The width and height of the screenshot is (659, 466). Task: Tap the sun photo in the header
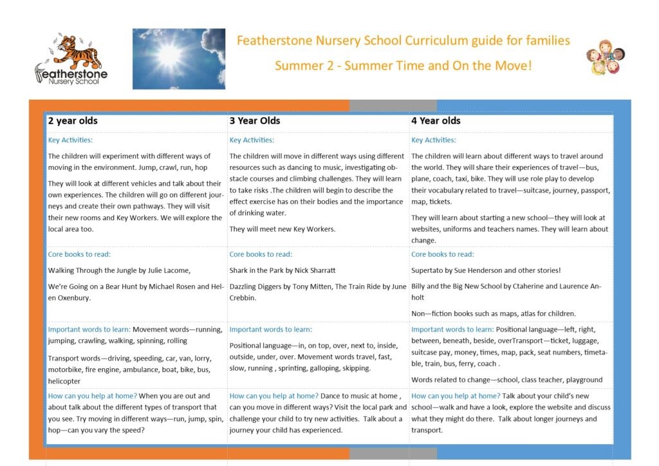[x=178, y=58]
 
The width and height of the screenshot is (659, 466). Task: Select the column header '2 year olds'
[x=73, y=120]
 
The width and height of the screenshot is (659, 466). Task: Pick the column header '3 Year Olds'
[x=255, y=120]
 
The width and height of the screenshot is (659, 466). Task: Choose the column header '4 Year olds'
[x=436, y=120]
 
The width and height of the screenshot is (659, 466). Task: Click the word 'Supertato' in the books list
[x=430, y=270]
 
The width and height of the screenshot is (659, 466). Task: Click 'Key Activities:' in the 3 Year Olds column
[x=252, y=140]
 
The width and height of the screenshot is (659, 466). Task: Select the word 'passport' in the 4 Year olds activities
[x=591, y=191]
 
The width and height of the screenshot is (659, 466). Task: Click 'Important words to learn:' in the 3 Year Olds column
[x=270, y=330]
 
